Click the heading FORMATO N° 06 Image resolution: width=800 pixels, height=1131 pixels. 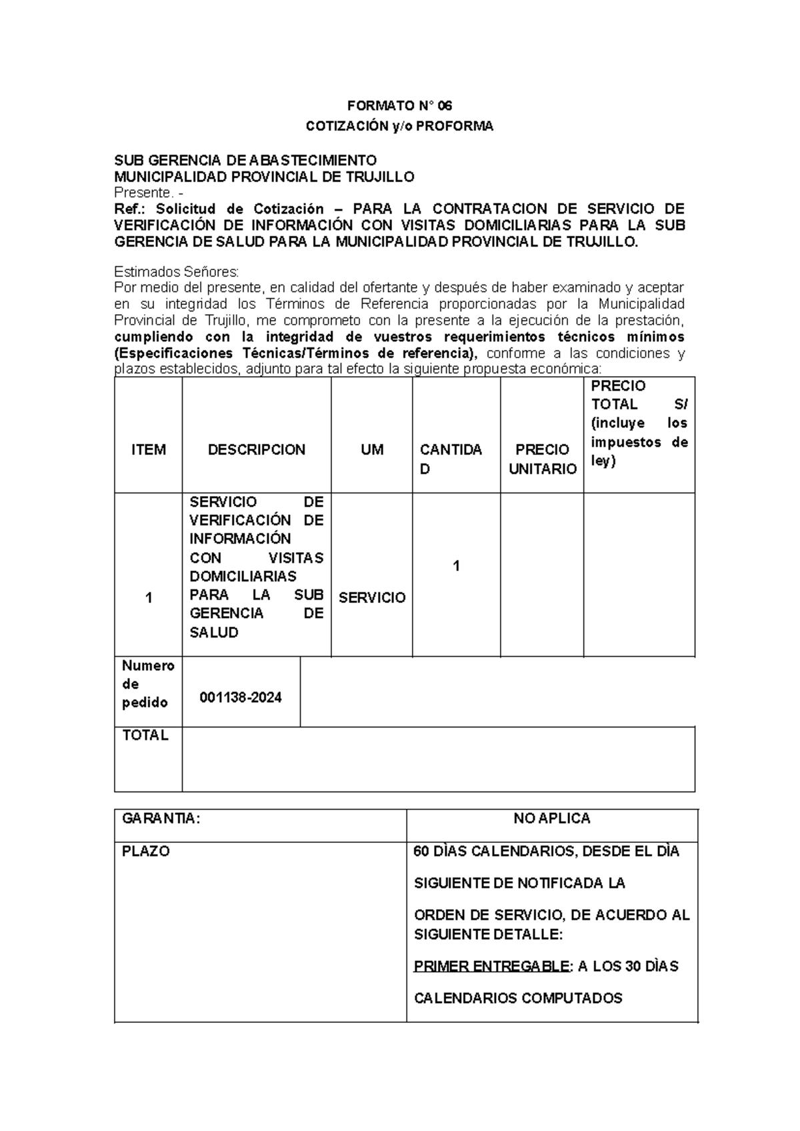[x=399, y=106]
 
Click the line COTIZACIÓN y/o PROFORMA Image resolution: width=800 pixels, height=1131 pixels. [x=399, y=126]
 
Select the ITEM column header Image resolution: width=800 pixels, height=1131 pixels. [x=148, y=449]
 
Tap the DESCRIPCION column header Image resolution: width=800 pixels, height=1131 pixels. [x=257, y=449]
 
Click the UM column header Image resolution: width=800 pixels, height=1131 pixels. [x=372, y=449]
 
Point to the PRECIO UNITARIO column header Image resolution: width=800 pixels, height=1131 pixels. [x=542, y=459]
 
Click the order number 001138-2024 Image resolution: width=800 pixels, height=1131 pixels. [x=241, y=698]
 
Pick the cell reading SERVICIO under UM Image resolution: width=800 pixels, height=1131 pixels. [x=372, y=598]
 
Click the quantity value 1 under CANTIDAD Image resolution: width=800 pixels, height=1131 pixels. [x=456, y=565]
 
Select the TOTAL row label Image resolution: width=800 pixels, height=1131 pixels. [x=145, y=736]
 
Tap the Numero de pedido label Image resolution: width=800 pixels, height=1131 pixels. [x=148, y=684]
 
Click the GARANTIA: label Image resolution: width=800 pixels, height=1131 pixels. [x=161, y=819]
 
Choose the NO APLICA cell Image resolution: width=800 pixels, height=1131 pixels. [x=552, y=819]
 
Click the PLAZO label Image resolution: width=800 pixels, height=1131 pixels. [x=146, y=852]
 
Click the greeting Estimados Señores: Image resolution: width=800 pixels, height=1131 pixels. [x=176, y=272]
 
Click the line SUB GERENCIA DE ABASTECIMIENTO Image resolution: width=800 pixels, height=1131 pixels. [x=245, y=160]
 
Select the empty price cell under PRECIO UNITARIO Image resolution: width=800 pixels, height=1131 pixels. [x=542, y=575]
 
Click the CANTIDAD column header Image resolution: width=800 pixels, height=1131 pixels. [x=451, y=459]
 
